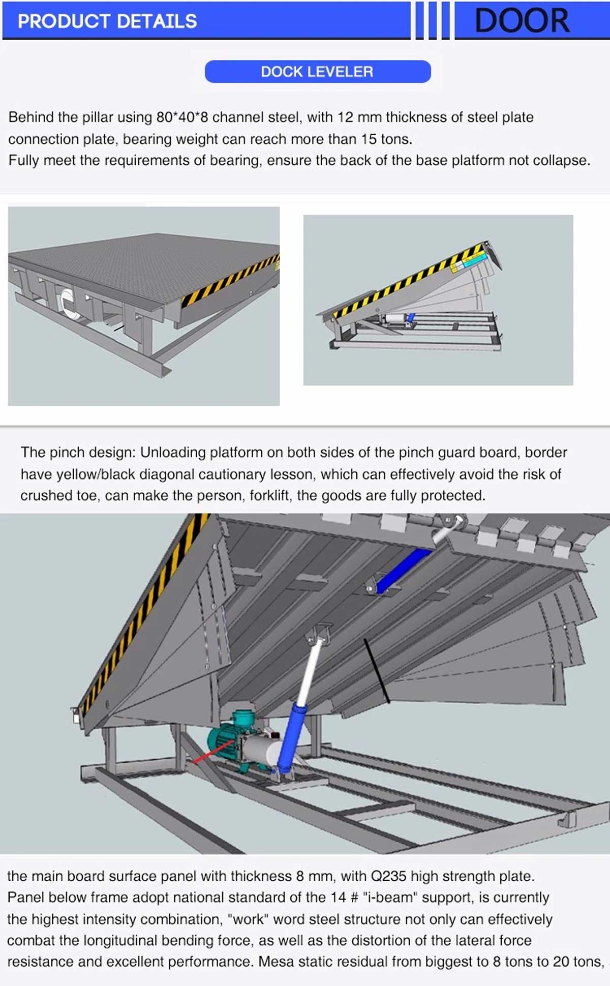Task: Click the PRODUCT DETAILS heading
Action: click(107, 21)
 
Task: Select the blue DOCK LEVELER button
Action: click(317, 72)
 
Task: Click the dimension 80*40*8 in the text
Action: click(182, 117)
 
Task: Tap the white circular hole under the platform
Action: click(67, 301)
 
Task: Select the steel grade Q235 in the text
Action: click(388, 877)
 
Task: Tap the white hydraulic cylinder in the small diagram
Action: click(394, 319)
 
